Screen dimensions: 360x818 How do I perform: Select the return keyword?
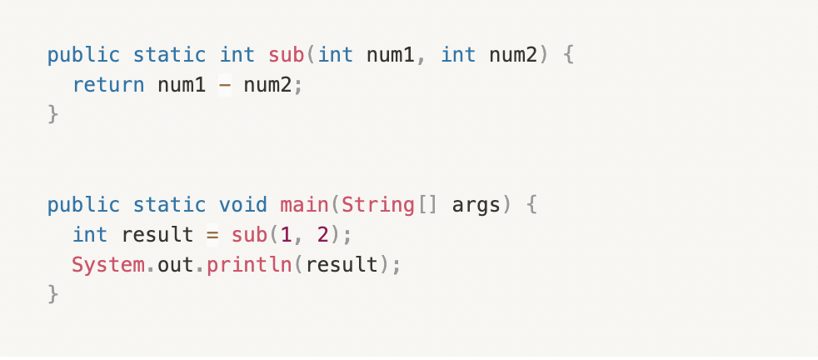click(x=108, y=84)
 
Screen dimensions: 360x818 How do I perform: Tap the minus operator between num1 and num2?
click(x=225, y=84)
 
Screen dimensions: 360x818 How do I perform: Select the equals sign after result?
click(x=212, y=235)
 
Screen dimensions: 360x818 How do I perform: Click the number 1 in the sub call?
click(x=286, y=235)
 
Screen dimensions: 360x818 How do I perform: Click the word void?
click(x=243, y=205)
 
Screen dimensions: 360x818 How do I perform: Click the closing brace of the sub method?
click(x=53, y=113)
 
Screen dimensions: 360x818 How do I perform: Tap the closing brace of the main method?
click(x=53, y=293)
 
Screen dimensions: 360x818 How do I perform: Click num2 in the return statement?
click(x=268, y=84)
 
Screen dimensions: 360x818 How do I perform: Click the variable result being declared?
click(x=157, y=235)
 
